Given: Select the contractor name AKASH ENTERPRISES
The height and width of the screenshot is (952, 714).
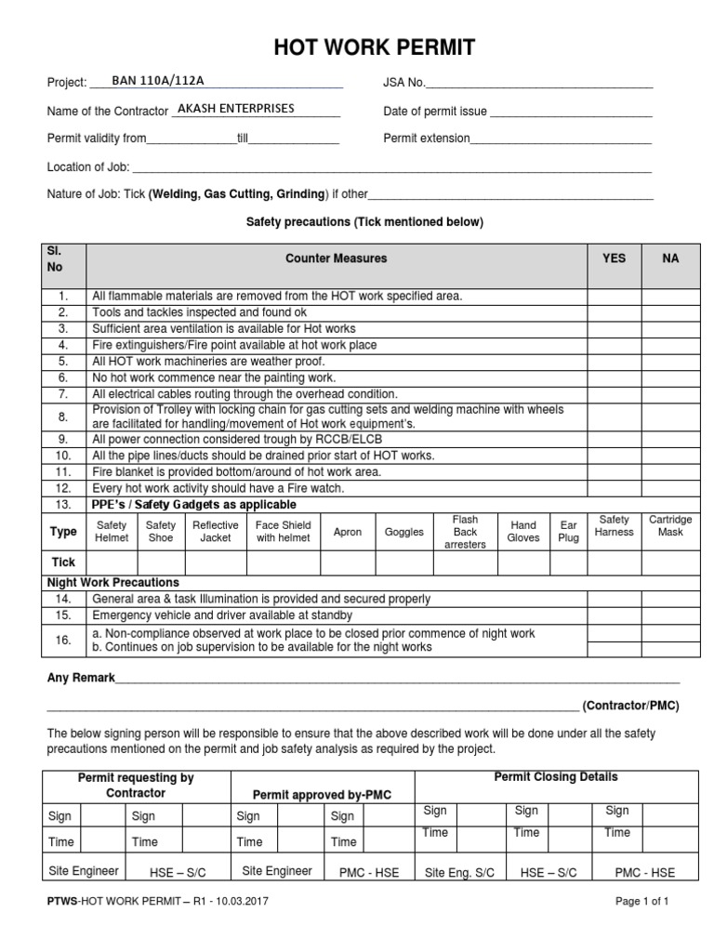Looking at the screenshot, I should tap(235, 109).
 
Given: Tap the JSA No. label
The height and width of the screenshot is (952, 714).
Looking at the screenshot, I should tap(404, 83).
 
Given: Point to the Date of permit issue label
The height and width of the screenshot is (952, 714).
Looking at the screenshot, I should tap(435, 112).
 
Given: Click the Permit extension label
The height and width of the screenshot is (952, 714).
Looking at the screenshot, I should tap(427, 139).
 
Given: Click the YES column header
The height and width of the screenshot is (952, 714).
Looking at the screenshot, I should tap(614, 258).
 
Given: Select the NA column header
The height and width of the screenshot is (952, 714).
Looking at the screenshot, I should tap(670, 258).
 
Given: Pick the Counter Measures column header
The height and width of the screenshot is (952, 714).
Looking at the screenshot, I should tap(336, 258).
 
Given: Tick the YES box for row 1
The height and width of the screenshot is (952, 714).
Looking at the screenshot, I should tap(614, 297).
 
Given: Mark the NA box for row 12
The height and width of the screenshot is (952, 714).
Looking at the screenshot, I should tap(670, 488).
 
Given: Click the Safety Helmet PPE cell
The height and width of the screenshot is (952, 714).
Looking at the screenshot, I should tap(112, 532).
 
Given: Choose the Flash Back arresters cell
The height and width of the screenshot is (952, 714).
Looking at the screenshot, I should tap(465, 532).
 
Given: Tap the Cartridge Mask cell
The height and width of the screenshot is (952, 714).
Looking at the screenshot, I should tap(670, 526).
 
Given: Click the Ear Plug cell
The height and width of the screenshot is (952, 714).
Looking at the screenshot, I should tap(569, 532).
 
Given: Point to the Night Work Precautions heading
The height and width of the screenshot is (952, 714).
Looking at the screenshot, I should tap(113, 583).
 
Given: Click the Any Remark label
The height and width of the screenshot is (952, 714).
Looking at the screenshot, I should tap(81, 678).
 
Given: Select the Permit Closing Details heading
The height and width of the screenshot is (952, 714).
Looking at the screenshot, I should tap(556, 777).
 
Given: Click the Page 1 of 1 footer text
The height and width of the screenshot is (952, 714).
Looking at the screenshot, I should tap(642, 901).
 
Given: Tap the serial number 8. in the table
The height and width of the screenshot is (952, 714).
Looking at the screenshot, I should tap(63, 416).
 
